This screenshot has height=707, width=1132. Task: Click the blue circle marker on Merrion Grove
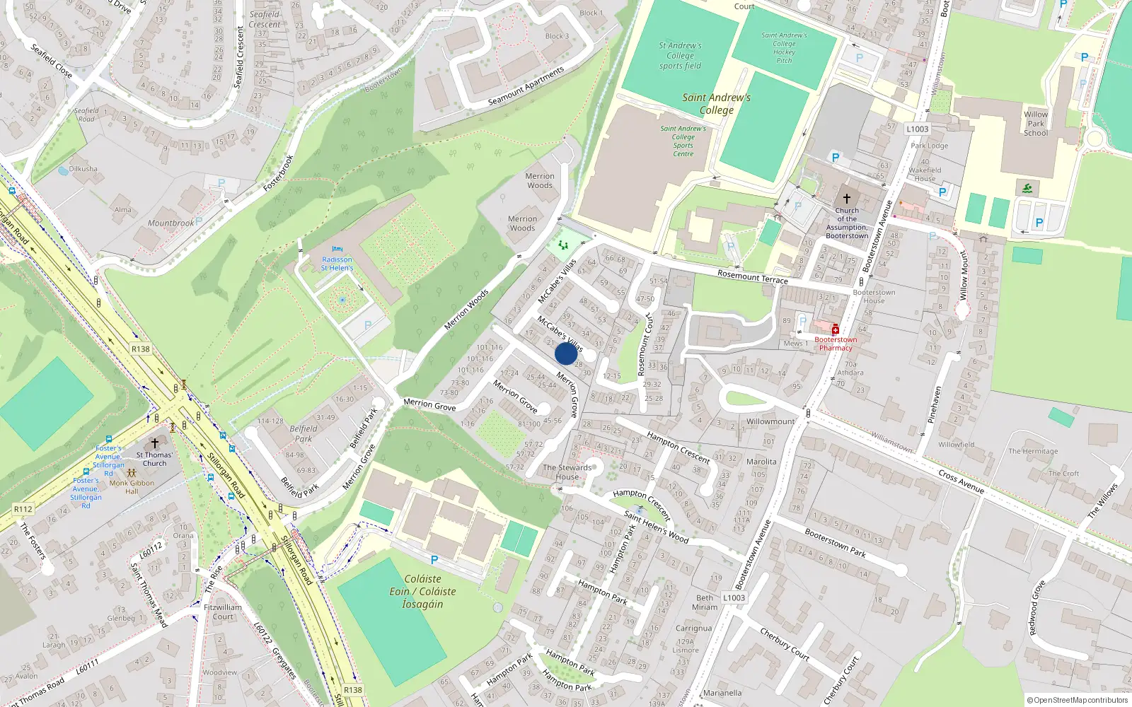point(566,353)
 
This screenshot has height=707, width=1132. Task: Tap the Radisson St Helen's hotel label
point(337,264)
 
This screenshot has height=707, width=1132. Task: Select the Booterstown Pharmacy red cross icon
point(836,329)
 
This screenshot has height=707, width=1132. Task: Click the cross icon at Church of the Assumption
point(846,199)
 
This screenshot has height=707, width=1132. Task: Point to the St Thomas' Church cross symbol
point(154,443)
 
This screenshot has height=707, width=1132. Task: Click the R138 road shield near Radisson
point(140,349)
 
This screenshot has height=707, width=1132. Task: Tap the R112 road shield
point(23,508)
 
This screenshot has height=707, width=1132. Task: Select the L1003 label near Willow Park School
point(917,129)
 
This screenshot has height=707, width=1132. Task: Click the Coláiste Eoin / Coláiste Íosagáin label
point(422,591)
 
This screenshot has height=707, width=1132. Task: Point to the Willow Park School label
point(1036,124)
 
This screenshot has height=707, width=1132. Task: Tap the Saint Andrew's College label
point(716,103)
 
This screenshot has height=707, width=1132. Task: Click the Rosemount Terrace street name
point(752,276)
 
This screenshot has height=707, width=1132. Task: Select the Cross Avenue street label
point(961,481)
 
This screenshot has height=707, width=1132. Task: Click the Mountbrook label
point(171,223)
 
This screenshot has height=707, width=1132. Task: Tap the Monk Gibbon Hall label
point(132,487)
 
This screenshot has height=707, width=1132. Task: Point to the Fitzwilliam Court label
point(223,612)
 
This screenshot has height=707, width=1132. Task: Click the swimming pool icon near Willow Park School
point(1027,188)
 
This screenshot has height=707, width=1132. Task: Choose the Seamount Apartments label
point(526,86)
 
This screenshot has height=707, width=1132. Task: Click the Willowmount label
point(770,421)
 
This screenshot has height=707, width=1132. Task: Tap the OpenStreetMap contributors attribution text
point(1077,700)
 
